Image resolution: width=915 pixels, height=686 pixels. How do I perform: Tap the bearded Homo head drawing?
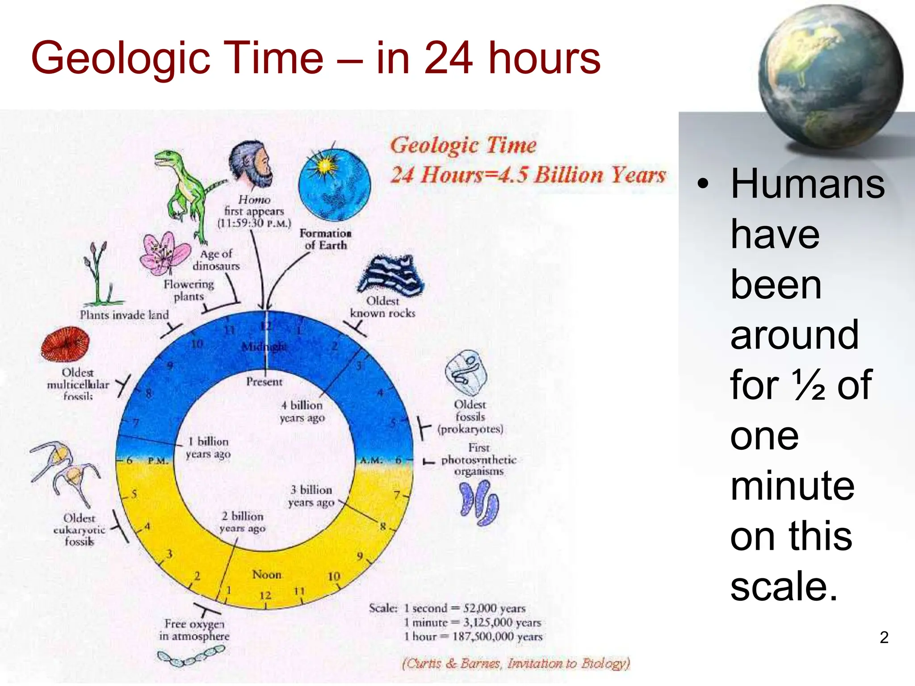point(250,165)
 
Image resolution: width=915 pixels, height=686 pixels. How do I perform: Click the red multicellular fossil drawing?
point(65,344)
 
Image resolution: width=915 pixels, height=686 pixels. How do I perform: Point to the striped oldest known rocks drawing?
point(391,275)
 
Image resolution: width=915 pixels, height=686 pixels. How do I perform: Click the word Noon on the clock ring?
point(267,574)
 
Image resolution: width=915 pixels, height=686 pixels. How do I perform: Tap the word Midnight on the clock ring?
point(264,346)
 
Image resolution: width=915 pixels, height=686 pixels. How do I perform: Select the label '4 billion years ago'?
point(302,411)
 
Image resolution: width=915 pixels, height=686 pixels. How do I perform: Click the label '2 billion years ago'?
point(243,522)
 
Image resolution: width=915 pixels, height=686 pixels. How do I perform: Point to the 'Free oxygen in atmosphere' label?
point(194,630)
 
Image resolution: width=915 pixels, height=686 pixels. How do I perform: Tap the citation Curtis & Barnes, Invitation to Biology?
point(516,663)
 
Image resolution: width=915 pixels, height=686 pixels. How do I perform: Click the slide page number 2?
point(884,637)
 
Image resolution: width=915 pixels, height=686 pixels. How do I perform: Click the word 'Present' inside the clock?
point(264,382)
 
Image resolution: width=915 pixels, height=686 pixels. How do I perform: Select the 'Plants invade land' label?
point(124,315)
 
